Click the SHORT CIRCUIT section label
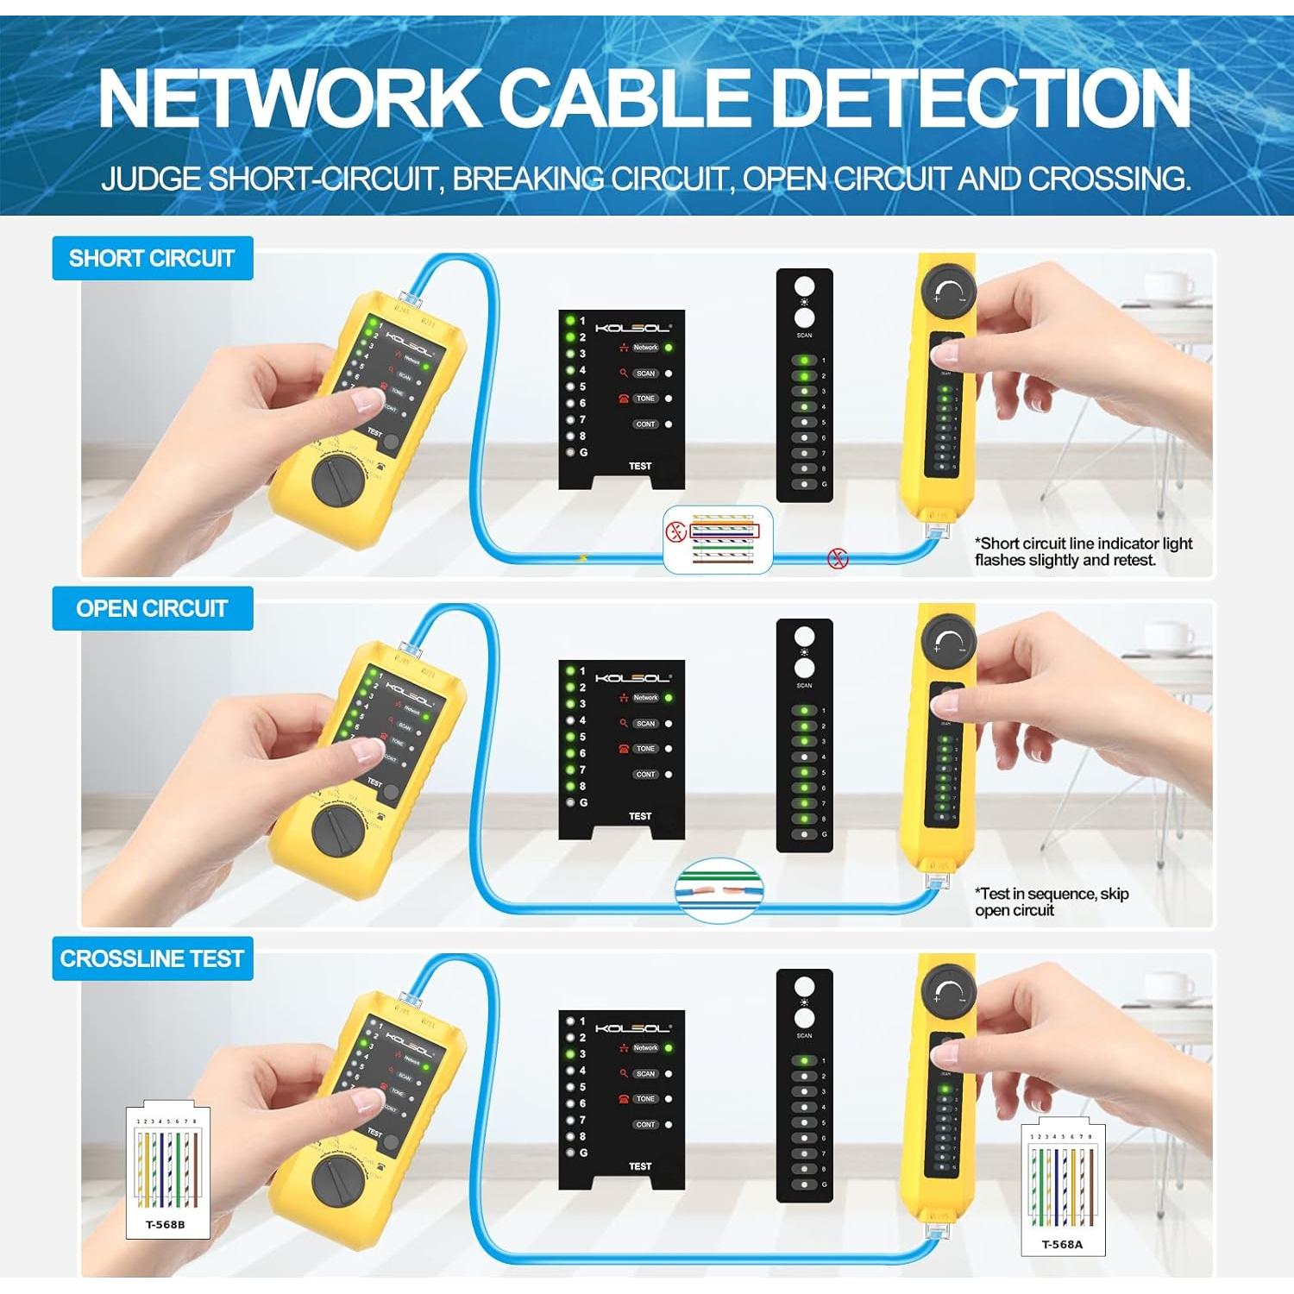[152, 258]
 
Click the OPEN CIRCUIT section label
[152, 608]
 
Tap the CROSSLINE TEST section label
[152, 958]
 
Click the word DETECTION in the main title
[979, 98]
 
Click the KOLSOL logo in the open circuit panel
[632, 678]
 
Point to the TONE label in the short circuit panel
[645, 399]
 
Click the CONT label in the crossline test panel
[645, 1125]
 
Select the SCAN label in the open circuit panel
[645, 724]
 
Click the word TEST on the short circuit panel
[640, 466]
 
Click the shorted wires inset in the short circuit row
[718, 540]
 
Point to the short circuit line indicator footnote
[1083, 551]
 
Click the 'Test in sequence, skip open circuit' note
[1051, 901]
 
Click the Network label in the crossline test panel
[645, 1048]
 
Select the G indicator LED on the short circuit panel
[570, 452]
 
